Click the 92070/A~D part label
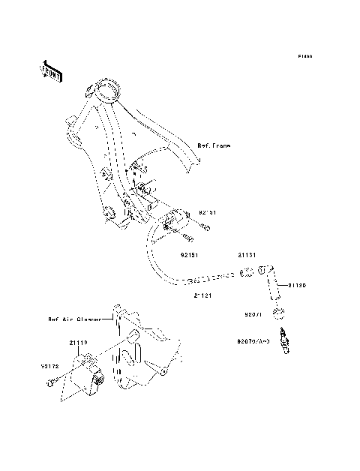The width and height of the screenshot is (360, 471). click(x=253, y=341)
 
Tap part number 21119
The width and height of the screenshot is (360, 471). click(x=79, y=343)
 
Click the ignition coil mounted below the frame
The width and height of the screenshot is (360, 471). click(x=172, y=221)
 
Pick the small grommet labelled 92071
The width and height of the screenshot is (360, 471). click(x=278, y=312)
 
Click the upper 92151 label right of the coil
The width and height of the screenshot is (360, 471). click(x=208, y=213)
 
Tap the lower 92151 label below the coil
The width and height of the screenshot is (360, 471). click(x=190, y=254)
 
